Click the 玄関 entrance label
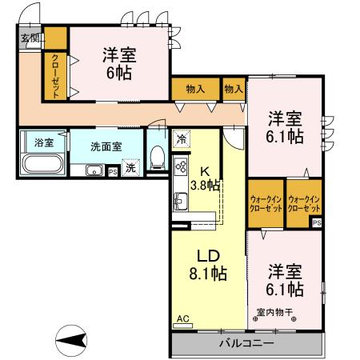[30, 38]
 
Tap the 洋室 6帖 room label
[118, 62]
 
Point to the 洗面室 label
[106, 147]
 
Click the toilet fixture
[158, 155]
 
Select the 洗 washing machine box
[130, 169]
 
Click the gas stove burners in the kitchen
[180, 167]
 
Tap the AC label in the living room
[182, 319]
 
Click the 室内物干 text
[274, 311]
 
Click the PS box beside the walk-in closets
[317, 222]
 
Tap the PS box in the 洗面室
[112, 170]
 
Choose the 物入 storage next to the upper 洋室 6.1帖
[234, 89]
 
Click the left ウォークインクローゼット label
[264, 202]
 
